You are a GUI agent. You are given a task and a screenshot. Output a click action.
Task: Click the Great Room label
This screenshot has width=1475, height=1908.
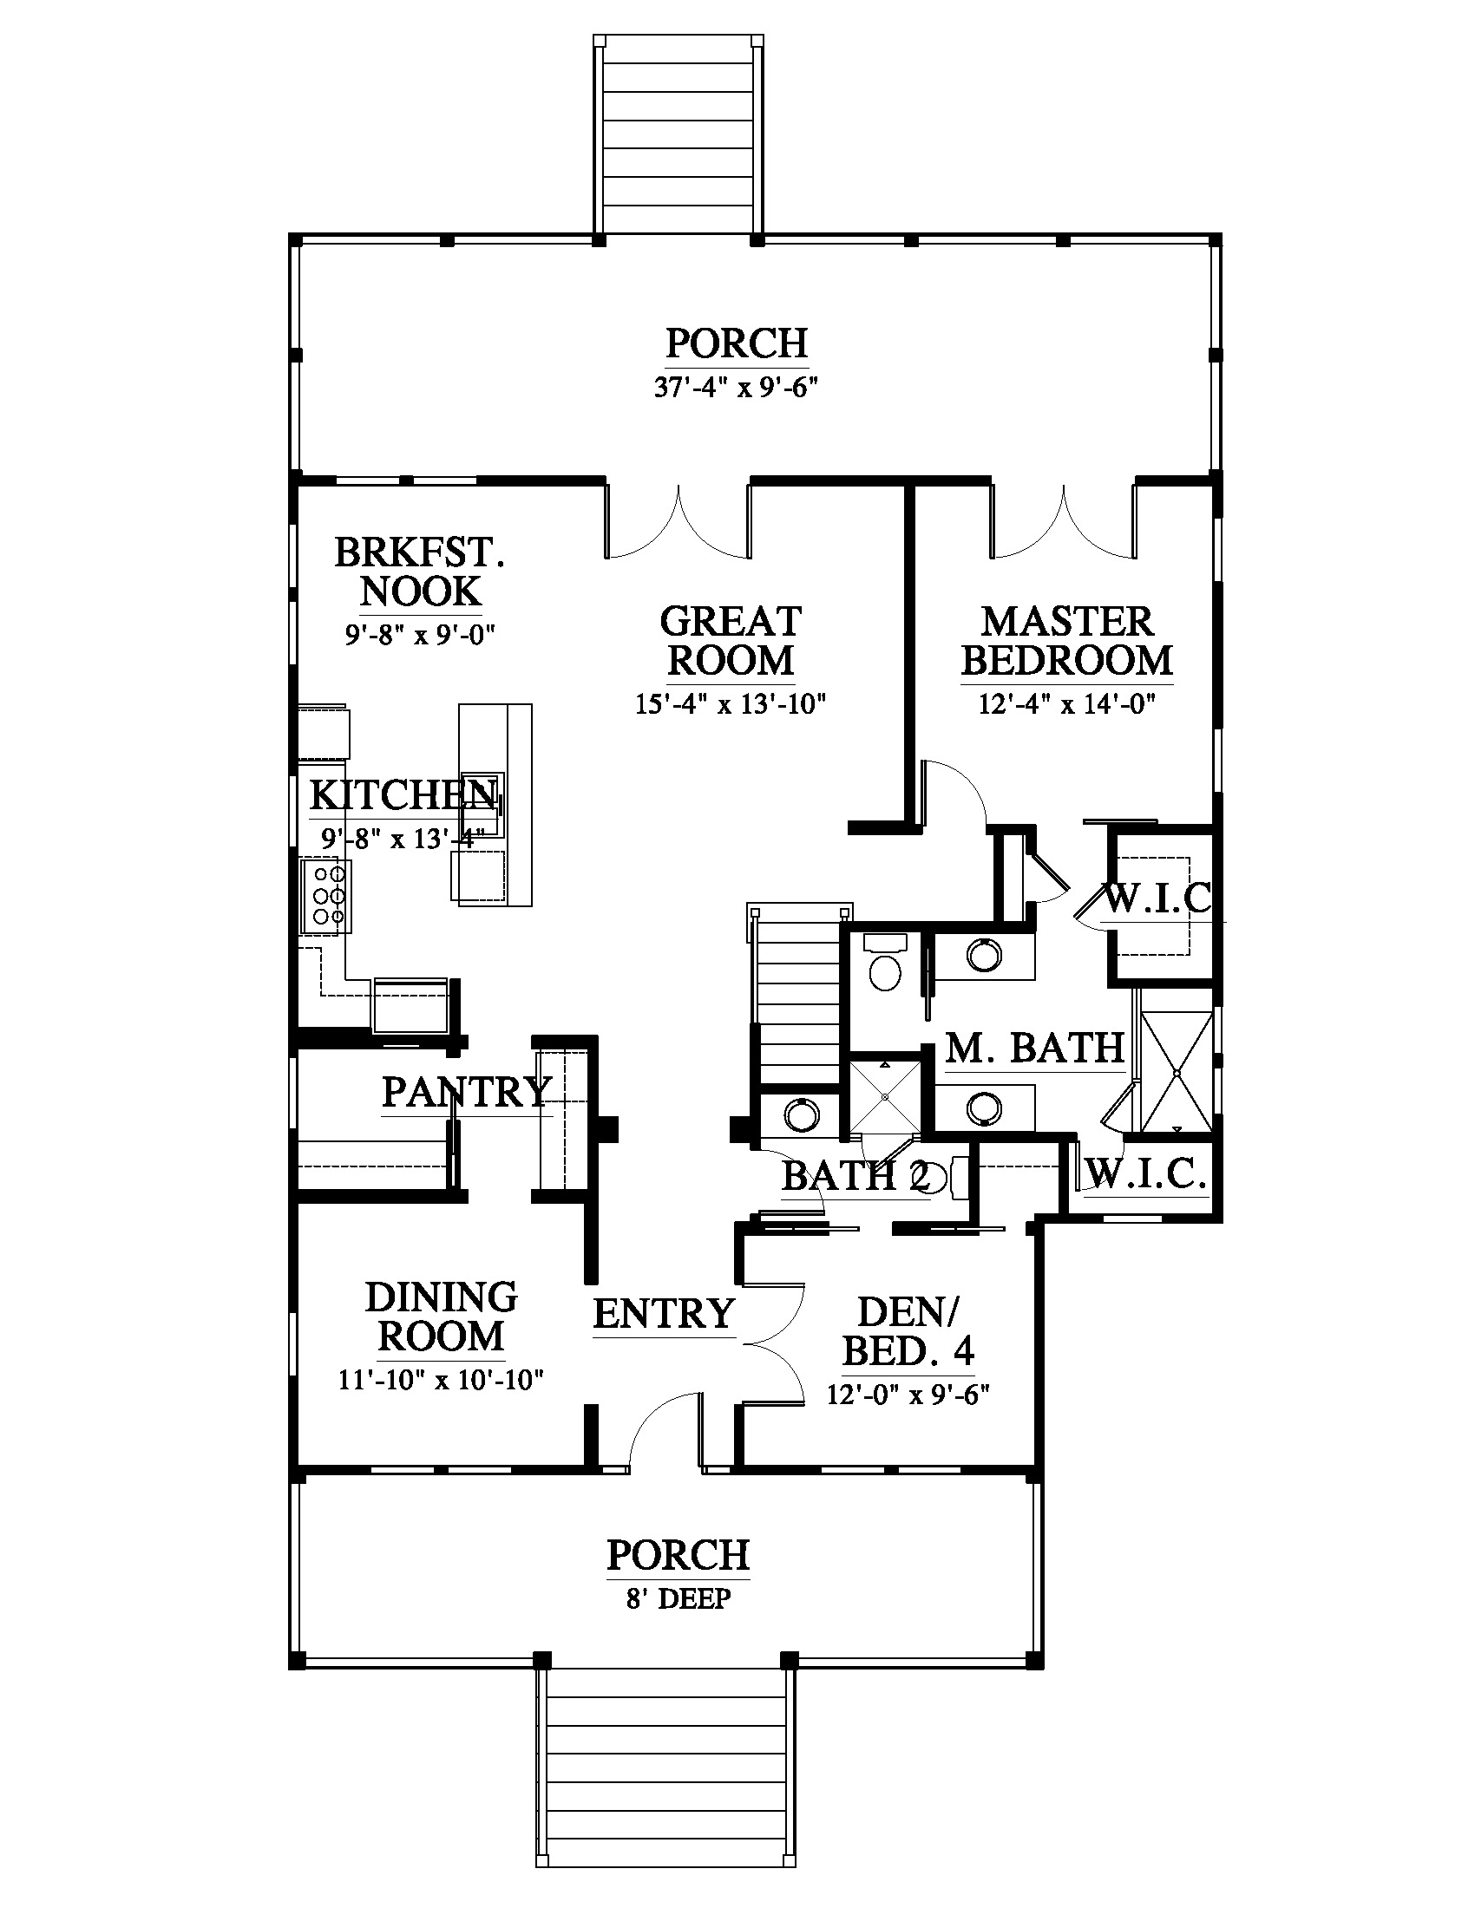731,641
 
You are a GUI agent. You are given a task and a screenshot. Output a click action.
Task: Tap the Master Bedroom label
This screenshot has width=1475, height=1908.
1067,641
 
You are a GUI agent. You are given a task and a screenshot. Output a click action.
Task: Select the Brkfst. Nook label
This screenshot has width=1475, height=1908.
420,572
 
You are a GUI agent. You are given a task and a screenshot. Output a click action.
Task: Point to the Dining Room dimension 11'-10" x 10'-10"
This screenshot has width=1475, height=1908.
442,1381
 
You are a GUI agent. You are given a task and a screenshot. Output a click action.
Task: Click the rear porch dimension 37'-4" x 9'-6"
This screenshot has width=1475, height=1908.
737,387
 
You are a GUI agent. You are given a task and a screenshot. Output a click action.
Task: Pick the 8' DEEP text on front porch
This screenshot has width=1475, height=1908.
679,1599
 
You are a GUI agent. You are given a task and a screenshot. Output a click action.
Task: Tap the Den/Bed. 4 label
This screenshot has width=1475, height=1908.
908,1331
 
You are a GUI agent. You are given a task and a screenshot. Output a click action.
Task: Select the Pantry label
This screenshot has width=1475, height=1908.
467,1092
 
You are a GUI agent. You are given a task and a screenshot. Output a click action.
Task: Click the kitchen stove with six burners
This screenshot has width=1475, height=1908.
326,897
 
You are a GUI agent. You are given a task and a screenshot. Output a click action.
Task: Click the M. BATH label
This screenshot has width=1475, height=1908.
1034,1049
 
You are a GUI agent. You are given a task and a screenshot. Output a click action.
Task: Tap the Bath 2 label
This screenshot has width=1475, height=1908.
855,1177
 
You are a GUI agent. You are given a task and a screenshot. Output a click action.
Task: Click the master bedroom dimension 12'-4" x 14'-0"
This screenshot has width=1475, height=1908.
1067,704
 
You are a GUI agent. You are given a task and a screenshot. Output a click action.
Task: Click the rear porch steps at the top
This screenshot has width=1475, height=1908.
678,135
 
